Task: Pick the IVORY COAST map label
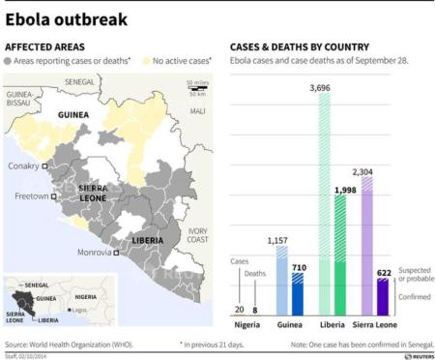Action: (x=198, y=235)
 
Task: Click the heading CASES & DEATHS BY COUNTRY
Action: (x=299, y=46)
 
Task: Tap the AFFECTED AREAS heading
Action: (x=44, y=46)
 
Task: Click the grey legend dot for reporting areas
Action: (x=9, y=62)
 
